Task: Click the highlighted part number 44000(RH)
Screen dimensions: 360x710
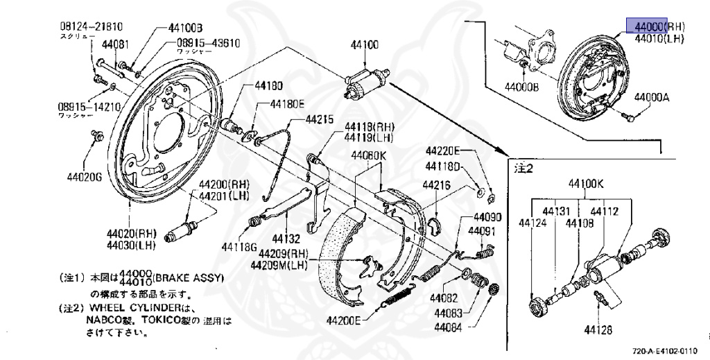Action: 647,26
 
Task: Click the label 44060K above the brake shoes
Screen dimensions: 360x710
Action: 368,155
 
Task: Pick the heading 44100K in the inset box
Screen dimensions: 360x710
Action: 587,184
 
